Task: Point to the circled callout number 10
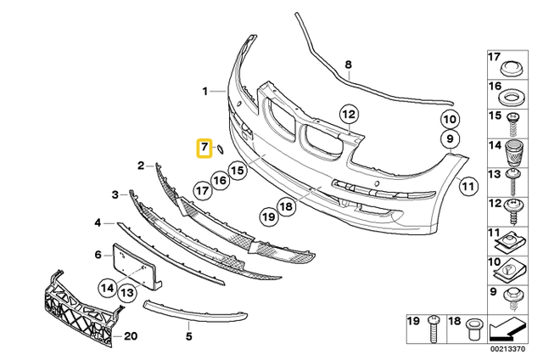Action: click(449, 121)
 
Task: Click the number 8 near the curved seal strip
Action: click(348, 65)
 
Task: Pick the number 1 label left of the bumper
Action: click(204, 90)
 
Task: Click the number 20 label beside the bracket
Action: click(130, 335)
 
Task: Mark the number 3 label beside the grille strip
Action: click(115, 195)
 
